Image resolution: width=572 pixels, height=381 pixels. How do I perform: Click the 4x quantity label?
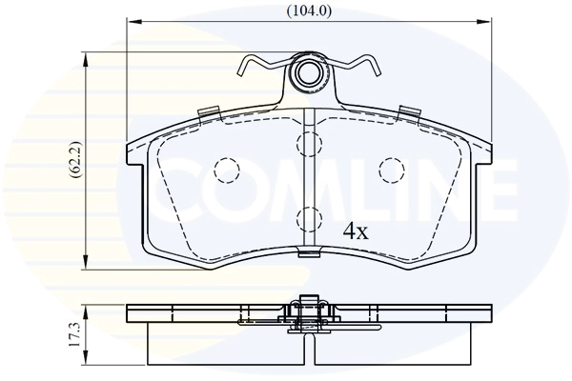[x=356, y=230]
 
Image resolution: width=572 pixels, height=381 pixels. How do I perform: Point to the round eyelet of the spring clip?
[x=307, y=74]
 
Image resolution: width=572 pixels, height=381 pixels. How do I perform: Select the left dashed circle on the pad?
[x=227, y=170]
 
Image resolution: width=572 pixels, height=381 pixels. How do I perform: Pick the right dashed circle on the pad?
[x=391, y=170]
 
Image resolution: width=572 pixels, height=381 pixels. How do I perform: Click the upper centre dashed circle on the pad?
[x=308, y=144]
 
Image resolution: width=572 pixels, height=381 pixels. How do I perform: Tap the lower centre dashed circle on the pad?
[x=308, y=219]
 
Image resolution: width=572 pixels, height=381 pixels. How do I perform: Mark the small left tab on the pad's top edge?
[x=207, y=111]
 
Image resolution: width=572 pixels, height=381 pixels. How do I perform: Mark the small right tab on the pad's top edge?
[x=410, y=111]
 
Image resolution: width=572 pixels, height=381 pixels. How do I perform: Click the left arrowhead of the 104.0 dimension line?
[x=132, y=21]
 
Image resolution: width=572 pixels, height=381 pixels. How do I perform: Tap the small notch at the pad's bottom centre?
[x=307, y=253]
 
